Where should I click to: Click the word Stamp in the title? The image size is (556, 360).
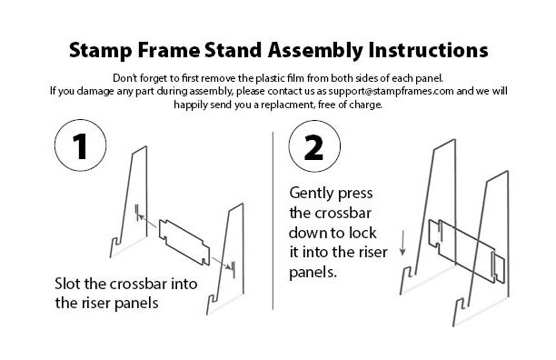[100, 51]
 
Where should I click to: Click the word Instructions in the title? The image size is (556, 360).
[428, 50]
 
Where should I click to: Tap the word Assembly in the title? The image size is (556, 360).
[315, 51]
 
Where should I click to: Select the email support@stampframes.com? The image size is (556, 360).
[391, 92]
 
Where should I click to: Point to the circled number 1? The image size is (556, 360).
[81, 145]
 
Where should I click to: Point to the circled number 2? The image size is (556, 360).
[314, 146]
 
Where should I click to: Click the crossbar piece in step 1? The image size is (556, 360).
[184, 243]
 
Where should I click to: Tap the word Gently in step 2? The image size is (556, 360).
[312, 194]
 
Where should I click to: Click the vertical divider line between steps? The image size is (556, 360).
[273, 221]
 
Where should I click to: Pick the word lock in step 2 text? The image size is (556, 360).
[362, 233]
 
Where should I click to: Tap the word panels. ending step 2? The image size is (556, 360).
[313, 273]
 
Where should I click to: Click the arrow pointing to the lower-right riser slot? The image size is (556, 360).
[221, 264]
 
